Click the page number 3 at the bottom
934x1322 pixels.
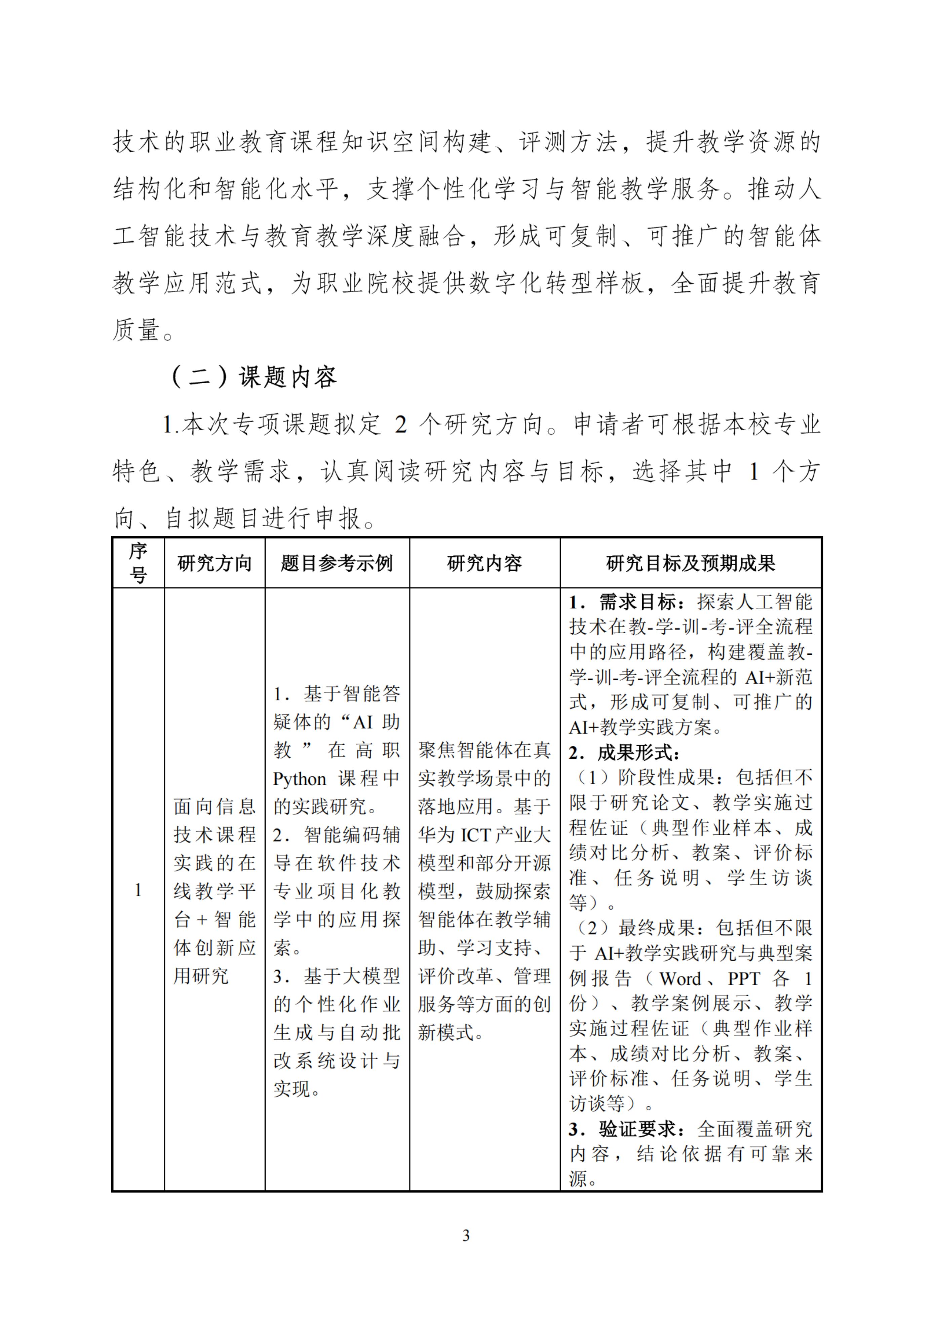(466, 1235)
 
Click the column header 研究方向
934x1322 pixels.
(214, 563)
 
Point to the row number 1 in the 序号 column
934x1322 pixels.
(138, 890)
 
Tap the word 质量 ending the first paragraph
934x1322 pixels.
(137, 330)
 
